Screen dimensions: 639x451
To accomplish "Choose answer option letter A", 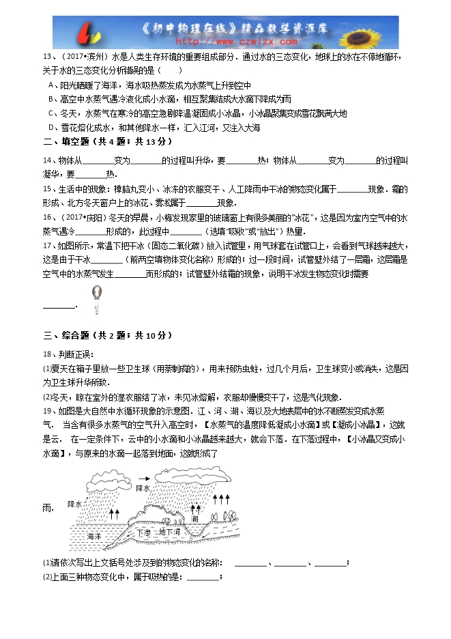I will [52, 85].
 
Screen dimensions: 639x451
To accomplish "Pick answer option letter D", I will [52, 128].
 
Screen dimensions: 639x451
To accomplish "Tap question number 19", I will [47, 412].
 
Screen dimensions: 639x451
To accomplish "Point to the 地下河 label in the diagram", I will [169, 531].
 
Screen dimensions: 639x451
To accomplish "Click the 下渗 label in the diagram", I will [143, 532].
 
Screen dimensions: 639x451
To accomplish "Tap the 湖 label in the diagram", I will [195, 520].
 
